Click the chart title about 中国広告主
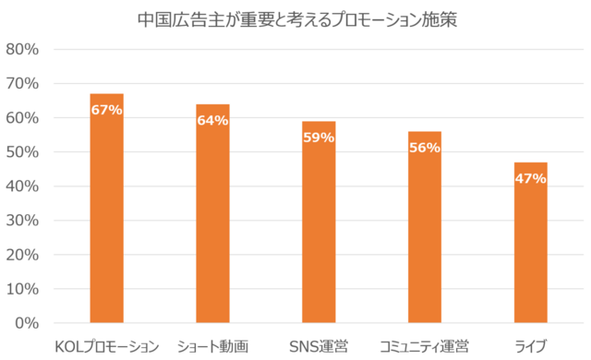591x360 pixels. (297, 20)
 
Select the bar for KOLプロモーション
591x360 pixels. (107, 209)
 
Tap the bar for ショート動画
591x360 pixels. (212, 213)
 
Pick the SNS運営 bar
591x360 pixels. (319, 222)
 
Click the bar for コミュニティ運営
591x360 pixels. (425, 227)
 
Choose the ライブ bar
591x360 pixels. (531, 243)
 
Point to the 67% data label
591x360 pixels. (107, 110)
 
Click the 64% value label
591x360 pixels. (212, 121)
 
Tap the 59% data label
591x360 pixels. (319, 138)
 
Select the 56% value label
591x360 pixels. (425, 148)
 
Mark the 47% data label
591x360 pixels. (531, 178)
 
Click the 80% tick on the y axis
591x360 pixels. (22, 49)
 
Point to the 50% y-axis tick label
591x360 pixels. (22, 152)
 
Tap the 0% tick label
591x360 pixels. (27, 323)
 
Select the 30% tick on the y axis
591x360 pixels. (22, 221)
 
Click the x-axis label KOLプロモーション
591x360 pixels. (107, 346)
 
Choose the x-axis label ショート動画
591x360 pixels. (212, 346)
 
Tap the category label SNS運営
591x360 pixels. (319, 346)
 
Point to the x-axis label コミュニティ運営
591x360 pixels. (425, 346)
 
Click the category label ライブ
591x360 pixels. (531, 346)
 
